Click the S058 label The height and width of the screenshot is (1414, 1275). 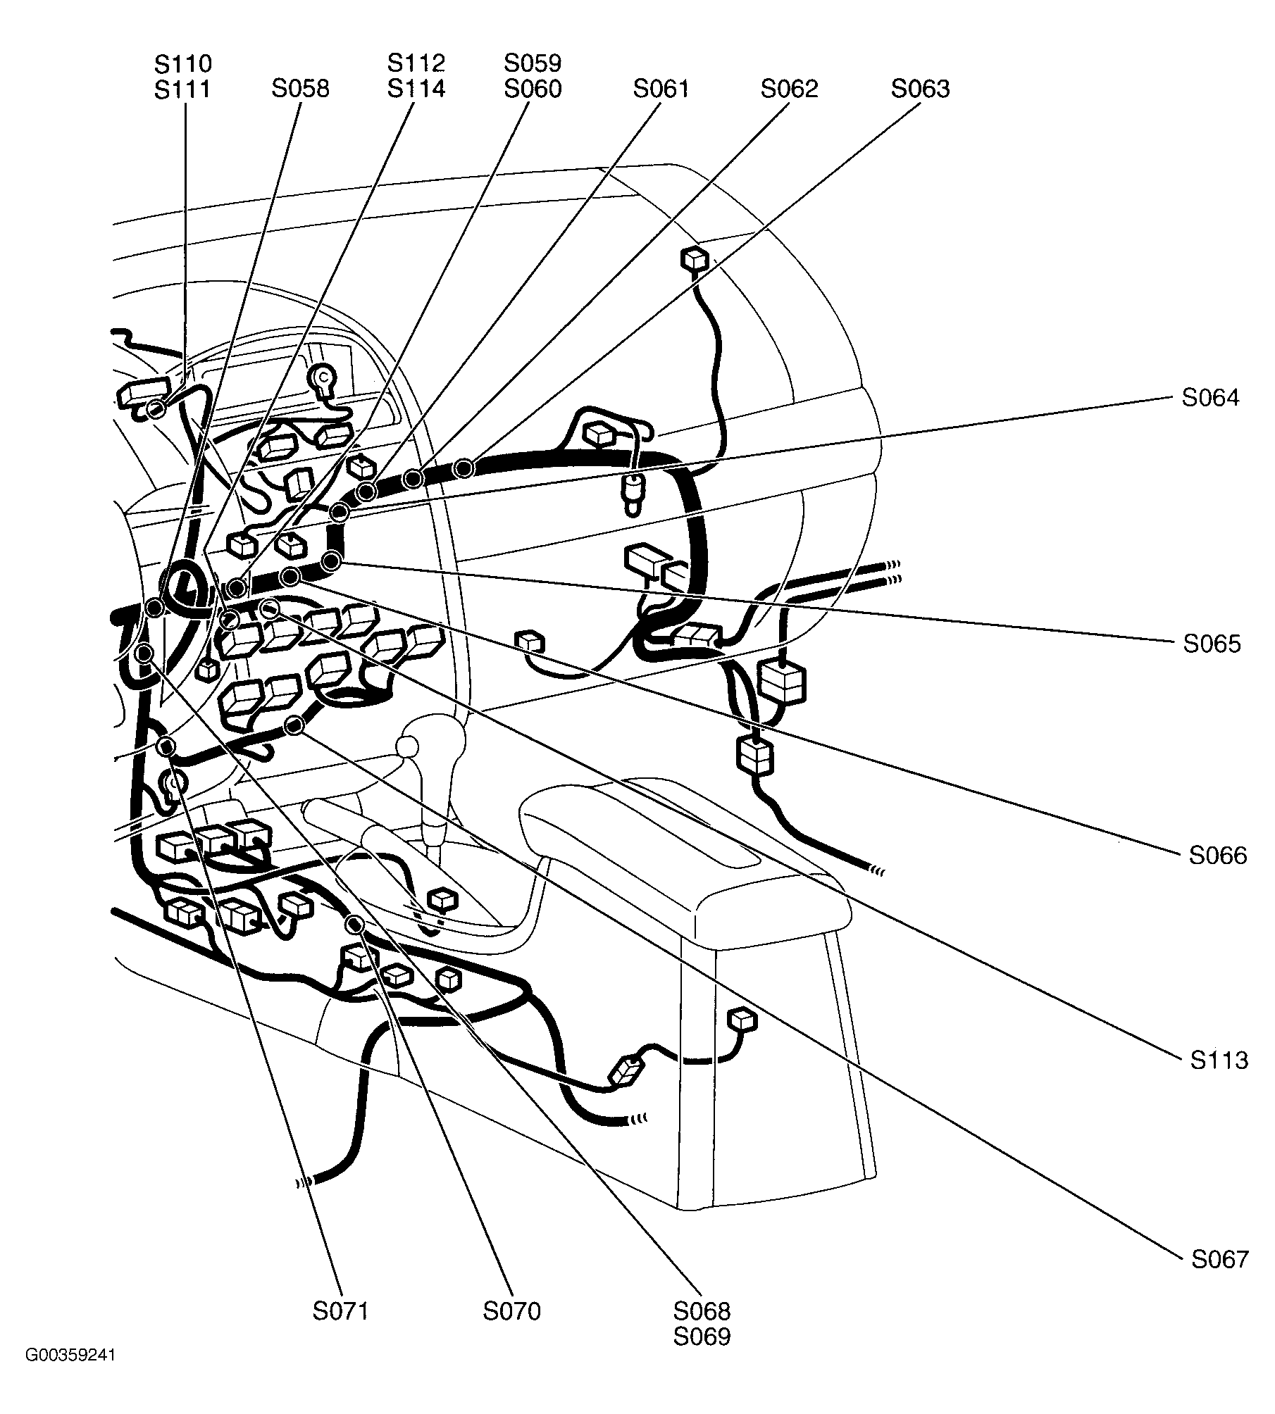[300, 89]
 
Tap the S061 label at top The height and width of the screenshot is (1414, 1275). [661, 89]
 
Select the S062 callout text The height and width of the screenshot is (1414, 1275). [789, 89]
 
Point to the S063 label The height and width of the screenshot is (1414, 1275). [920, 89]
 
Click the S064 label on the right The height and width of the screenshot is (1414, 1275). [1210, 399]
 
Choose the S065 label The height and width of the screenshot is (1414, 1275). [1212, 644]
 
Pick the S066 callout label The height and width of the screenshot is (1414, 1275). [1218, 856]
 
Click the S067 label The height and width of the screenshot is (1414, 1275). [1220, 1260]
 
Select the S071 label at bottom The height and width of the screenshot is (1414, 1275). [341, 1312]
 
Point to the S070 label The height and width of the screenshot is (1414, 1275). [511, 1312]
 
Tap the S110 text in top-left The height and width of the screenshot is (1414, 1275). [182, 64]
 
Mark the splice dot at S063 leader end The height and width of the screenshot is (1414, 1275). [463, 468]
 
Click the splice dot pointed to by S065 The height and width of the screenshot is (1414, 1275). [331, 561]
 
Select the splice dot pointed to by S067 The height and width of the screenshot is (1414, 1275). [294, 725]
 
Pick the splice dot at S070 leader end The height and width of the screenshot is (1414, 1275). [355, 924]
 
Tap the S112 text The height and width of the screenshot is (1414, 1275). [416, 64]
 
